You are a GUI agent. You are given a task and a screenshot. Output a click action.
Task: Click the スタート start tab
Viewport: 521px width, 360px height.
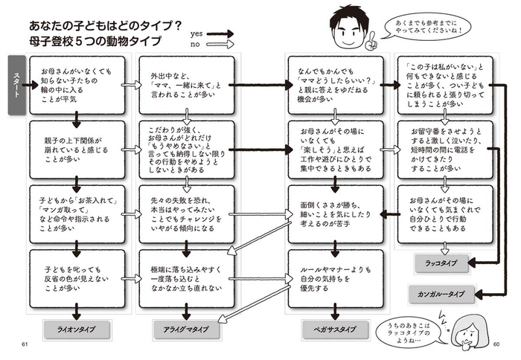pyautogui.click(x=16, y=85)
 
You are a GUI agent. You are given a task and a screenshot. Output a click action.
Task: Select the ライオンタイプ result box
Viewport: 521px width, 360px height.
pyautogui.click(x=77, y=330)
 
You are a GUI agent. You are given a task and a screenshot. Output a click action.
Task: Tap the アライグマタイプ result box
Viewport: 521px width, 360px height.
pyautogui.click(x=186, y=330)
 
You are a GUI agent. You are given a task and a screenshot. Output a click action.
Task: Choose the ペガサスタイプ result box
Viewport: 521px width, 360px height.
pyautogui.click(x=335, y=330)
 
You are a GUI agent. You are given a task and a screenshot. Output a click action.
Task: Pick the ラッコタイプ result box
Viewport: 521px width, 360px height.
pyautogui.click(x=441, y=263)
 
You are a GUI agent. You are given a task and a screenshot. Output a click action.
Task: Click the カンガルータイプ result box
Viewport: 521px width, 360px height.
pyautogui.click(x=441, y=294)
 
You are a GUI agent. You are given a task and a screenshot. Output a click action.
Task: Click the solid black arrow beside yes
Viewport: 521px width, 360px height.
pyautogui.click(x=220, y=33)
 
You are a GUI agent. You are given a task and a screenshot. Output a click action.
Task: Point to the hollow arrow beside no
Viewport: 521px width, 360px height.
pyautogui.click(x=220, y=44)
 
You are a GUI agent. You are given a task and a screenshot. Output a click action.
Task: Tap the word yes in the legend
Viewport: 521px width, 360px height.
pyautogui.click(x=196, y=34)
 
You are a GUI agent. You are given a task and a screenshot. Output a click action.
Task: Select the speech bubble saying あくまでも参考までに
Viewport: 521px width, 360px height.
pyautogui.click(x=428, y=27)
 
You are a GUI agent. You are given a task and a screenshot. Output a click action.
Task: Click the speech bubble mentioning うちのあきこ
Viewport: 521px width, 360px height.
pyautogui.click(x=411, y=332)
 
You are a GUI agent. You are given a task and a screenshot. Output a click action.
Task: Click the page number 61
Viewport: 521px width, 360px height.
pyautogui.click(x=25, y=344)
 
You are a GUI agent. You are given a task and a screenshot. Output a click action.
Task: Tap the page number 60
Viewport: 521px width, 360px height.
pyautogui.click(x=496, y=344)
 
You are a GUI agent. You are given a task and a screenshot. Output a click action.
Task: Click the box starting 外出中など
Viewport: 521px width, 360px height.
pyautogui.click(x=187, y=86)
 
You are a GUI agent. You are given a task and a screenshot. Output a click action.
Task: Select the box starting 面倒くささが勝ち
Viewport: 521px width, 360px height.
pyautogui.click(x=336, y=214)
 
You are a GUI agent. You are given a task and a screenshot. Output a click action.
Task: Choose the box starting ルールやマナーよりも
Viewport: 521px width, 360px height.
pyautogui.click(x=336, y=279)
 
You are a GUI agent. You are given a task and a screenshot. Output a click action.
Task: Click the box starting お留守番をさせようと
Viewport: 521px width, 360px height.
pyautogui.click(x=445, y=150)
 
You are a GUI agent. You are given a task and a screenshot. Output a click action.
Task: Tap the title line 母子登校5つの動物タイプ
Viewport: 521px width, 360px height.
pyautogui.click(x=95, y=41)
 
